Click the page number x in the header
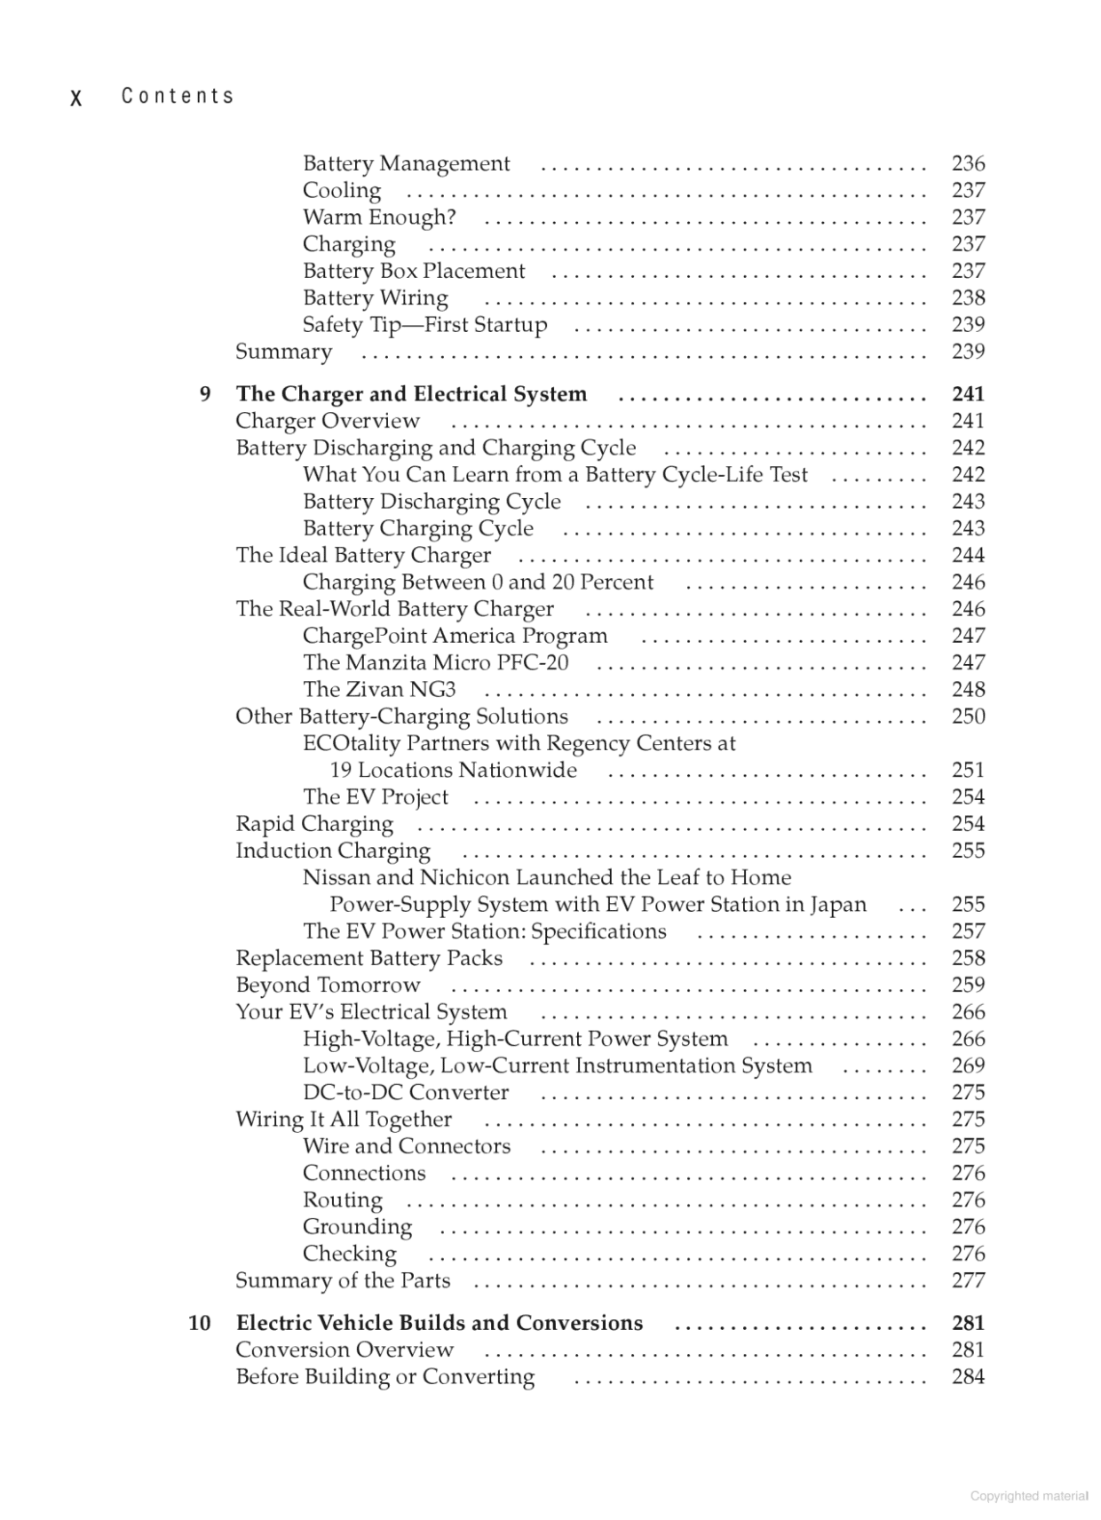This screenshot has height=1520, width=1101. pos(76,98)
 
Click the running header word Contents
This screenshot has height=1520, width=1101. pos(178,96)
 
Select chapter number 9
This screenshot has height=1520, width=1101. pos(205,394)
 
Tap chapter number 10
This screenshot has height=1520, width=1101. pos(199,1323)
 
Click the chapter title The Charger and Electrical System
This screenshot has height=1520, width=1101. pos(411,394)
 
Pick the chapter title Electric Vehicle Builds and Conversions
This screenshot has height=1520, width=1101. pos(440,1323)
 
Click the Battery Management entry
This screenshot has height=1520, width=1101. pos(406,163)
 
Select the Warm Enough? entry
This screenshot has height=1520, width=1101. pos(379,218)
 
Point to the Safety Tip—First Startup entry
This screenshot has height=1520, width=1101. pos(424,325)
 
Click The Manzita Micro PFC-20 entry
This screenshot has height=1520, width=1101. pos(435,663)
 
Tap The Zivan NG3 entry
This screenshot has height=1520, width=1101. pos(379,690)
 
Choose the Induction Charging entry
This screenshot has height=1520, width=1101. pos(332,851)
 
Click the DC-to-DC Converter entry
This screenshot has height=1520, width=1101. pos(406,1093)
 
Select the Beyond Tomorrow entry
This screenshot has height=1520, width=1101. pos(328,986)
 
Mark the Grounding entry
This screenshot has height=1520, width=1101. pos(357,1227)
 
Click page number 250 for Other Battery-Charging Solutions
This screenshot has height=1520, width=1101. pos(968,716)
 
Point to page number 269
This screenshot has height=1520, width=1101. pos(968,1065)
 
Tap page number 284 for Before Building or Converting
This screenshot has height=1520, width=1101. pos(968,1377)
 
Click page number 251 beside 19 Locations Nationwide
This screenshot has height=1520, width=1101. pos(968,771)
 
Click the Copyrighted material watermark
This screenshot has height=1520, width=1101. pos(1029,1496)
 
